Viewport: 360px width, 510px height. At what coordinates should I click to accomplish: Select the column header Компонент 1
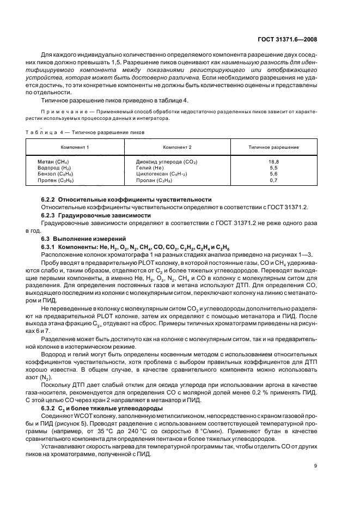point(75,147)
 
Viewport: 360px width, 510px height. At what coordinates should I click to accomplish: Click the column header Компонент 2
point(177,147)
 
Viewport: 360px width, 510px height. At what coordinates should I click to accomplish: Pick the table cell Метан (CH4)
point(53,162)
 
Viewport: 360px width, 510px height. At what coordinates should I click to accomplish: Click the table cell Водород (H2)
point(54,168)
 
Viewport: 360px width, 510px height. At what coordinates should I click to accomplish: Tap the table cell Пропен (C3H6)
point(56,180)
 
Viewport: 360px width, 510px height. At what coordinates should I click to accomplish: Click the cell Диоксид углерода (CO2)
point(166,162)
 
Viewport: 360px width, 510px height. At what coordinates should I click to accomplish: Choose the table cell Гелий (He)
point(150,168)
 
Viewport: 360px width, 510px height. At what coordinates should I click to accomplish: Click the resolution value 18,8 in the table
point(273,162)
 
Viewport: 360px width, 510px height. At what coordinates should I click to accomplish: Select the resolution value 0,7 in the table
point(273,180)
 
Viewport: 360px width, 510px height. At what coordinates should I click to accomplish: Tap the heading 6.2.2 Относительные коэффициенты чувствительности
point(126,200)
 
